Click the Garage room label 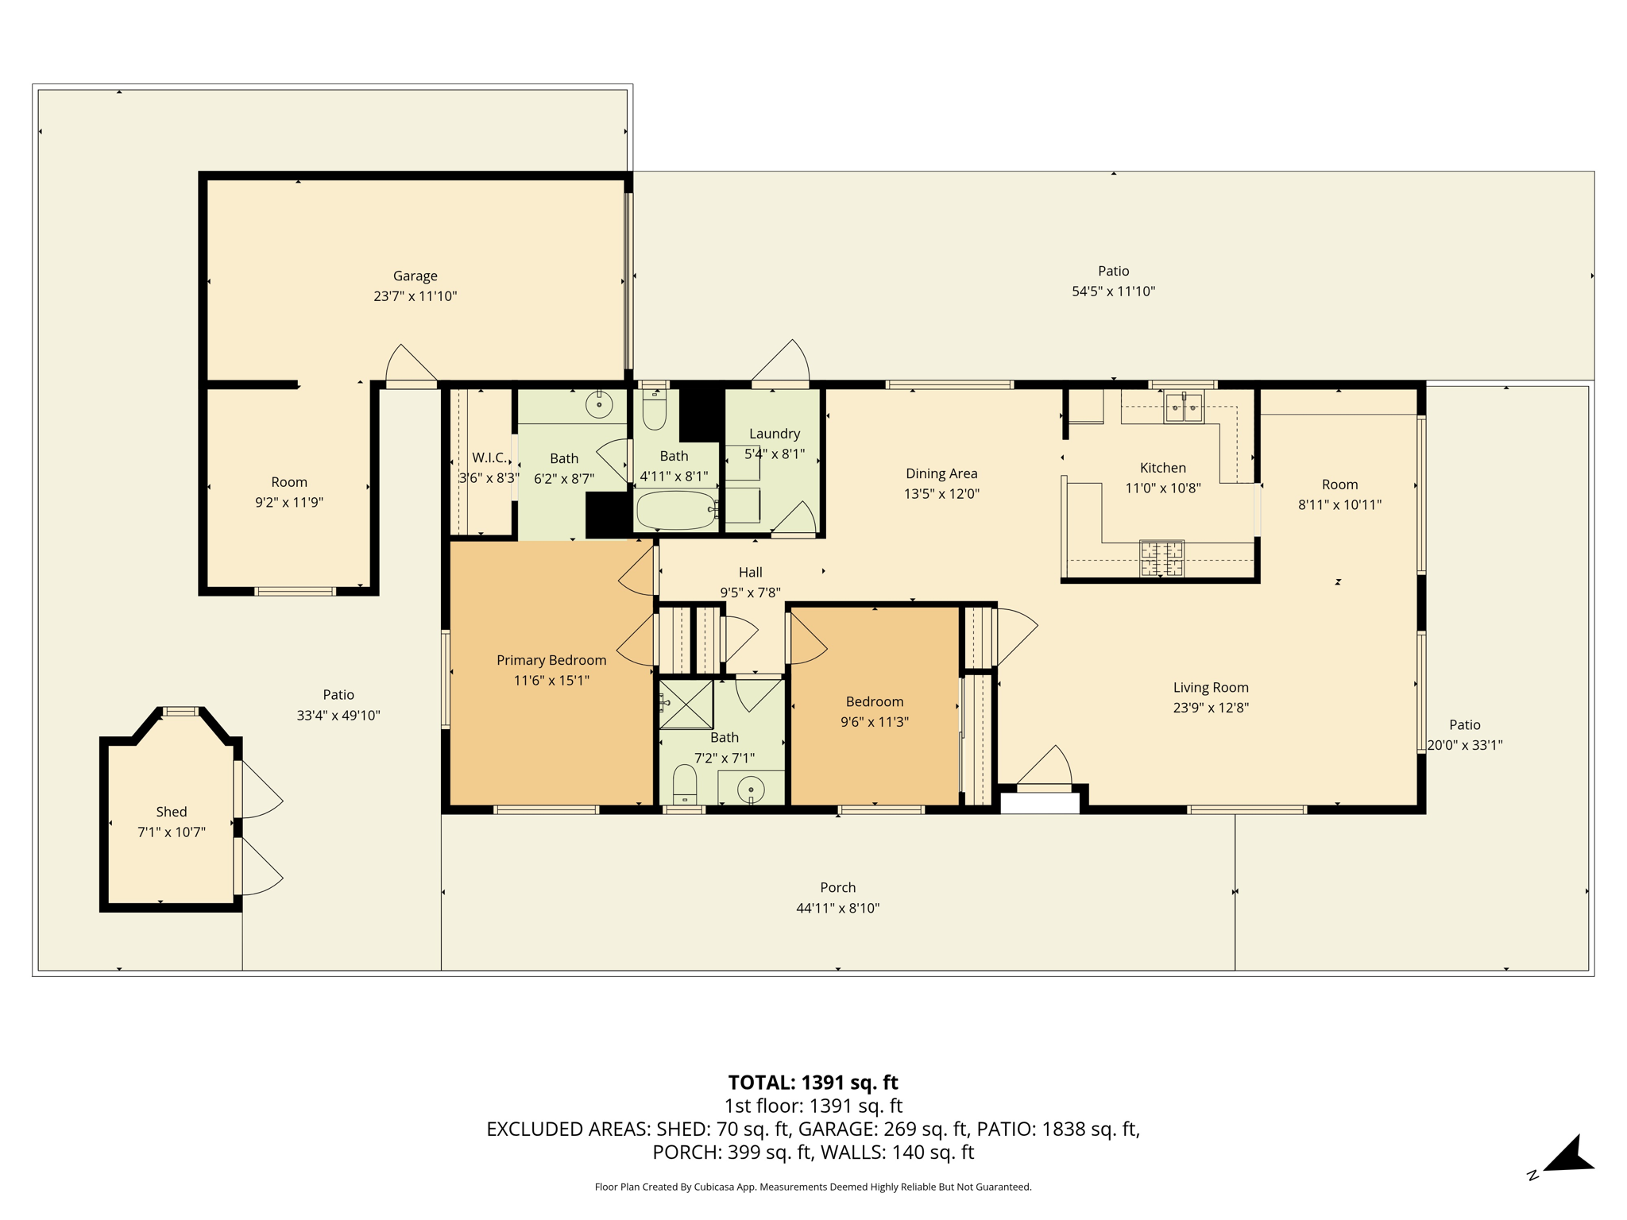415,276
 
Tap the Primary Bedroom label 551,660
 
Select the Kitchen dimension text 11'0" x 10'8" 1163,488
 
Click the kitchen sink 1184,407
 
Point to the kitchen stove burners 1161,558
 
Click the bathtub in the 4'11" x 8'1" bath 676,510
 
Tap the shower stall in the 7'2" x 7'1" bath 686,704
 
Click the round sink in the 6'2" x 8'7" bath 599,404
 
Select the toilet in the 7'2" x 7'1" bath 685,785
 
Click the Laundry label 775,434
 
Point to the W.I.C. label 489,457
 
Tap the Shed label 172,812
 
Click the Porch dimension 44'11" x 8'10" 838,908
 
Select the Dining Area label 941,473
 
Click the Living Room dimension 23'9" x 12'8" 1211,708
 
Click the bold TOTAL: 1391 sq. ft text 813,1083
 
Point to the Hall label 751,572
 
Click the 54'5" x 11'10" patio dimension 1113,291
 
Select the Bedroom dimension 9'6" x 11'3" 875,722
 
